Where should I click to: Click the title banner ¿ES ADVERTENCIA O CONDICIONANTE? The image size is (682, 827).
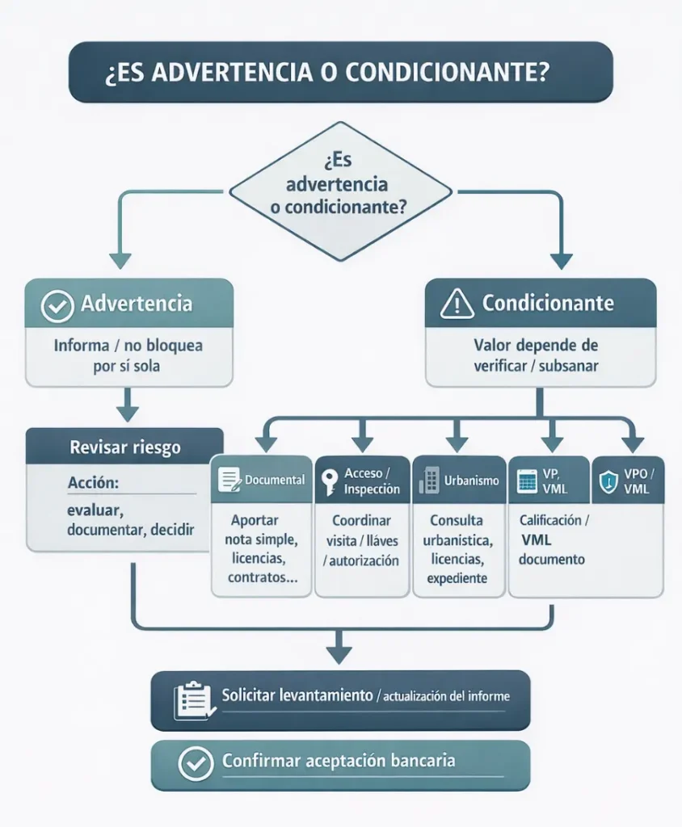click(340, 73)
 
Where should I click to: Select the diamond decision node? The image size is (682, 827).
click(340, 191)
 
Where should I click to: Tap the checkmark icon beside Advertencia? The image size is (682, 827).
click(57, 305)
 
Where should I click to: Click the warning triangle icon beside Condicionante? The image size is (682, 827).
click(457, 304)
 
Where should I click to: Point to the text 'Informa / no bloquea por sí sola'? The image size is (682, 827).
click(128, 355)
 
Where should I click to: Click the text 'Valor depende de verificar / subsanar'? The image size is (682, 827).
click(536, 355)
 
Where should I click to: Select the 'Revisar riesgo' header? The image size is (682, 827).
click(124, 447)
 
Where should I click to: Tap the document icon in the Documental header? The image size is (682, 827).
click(229, 480)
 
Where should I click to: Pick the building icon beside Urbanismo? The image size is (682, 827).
click(428, 481)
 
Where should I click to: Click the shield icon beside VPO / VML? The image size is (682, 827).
click(607, 482)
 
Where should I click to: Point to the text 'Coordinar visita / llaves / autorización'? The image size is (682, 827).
click(361, 540)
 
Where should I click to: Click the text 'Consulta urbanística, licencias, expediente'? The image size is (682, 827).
click(457, 549)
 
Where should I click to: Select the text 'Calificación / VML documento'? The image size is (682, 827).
click(554, 540)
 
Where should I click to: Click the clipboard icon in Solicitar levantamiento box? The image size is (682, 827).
click(192, 699)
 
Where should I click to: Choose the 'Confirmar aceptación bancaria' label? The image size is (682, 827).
click(338, 761)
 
